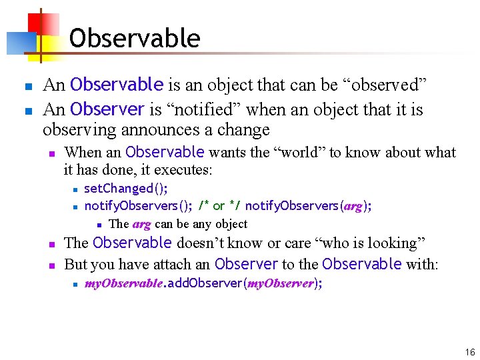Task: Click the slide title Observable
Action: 134,38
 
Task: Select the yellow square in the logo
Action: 51,44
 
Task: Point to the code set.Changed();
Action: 126,189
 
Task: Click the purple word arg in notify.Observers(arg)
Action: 353,206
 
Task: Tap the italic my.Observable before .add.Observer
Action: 123,283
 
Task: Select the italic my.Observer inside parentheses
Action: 281,283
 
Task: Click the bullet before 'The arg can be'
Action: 98,225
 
